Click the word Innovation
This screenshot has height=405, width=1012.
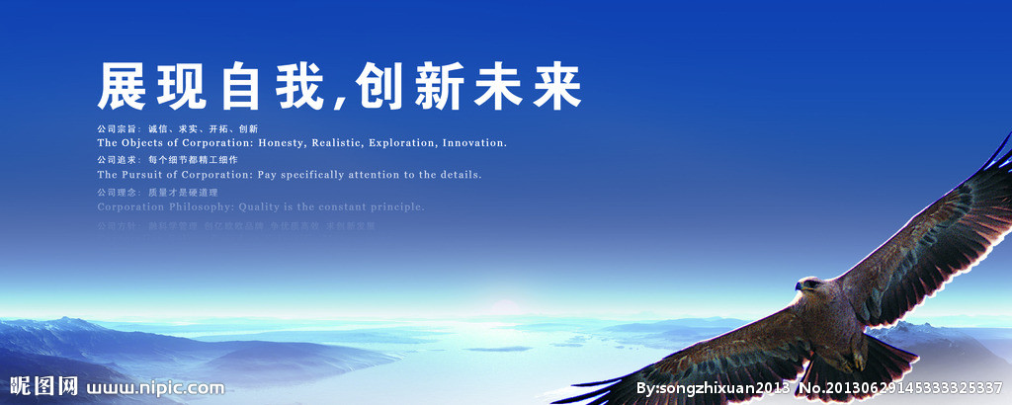(474, 143)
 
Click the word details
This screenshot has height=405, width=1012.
(457, 175)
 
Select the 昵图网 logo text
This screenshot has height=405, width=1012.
(42, 386)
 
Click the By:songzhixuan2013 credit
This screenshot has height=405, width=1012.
(713, 387)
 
